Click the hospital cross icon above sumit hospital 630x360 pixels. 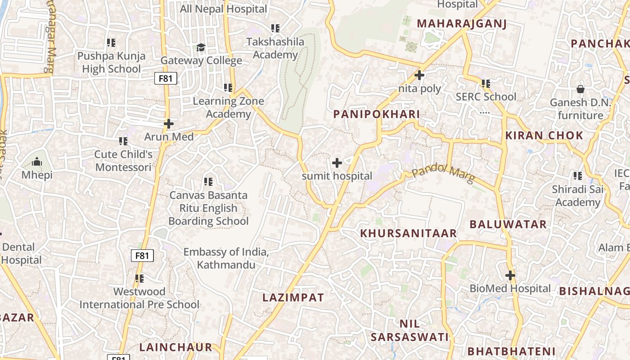point(337,163)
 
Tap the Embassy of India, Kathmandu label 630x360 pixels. point(226,258)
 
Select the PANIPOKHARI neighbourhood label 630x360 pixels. point(376,114)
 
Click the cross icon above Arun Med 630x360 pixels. point(169,123)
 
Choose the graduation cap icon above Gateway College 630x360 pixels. point(201,47)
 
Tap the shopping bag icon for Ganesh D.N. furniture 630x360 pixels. point(580,89)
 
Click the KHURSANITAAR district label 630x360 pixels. point(409,233)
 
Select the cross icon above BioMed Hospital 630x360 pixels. point(510,275)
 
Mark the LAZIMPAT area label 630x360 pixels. point(293,297)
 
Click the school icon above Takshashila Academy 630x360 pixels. point(275,28)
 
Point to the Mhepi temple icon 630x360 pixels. point(37,162)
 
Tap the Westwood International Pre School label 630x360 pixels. point(139,298)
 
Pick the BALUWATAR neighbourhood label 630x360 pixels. point(508,224)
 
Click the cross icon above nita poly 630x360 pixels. point(419,75)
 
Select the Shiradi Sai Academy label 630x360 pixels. point(578,196)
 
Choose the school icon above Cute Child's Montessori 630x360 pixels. point(123,141)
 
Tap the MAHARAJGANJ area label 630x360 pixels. point(462,24)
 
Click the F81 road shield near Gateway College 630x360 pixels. point(166,78)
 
